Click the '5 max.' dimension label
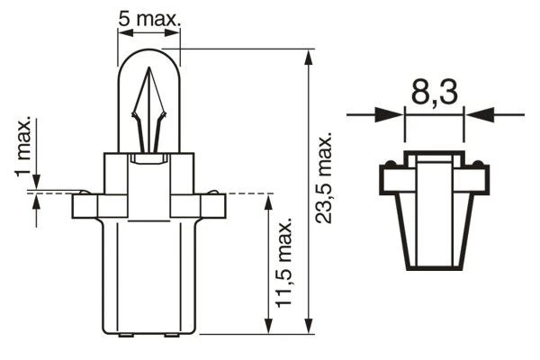pyautogui.click(x=149, y=18)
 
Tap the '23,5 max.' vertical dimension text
pyautogui.click(x=324, y=178)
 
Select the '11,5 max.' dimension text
pyautogui.click(x=284, y=263)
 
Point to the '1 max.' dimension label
pyautogui.click(x=23, y=147)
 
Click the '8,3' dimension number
pyautogui.click(x=435, y=92)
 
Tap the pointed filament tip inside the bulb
pyautogui.click(x=148, y=68)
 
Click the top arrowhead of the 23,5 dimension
pyautogui.click(x=309, y=57)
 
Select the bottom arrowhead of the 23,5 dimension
pyautogui.click(x=309, y=326)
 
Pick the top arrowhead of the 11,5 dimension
pyautogui.click(x=268, y=202)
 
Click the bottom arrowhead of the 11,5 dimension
pyautogui.click(x=268, y=326)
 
